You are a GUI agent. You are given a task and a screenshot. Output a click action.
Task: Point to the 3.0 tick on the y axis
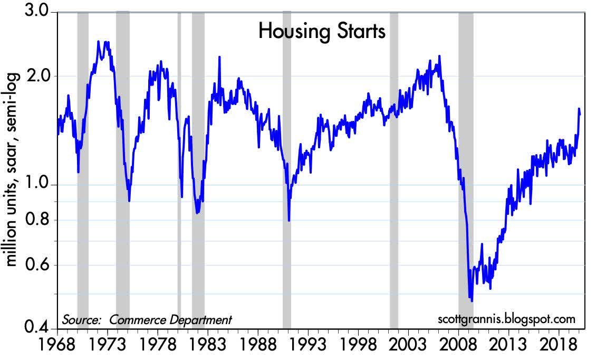click(38, 11)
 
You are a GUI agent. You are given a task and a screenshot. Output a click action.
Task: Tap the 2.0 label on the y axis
click(38, 75)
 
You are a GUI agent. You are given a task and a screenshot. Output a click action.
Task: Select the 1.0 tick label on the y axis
click(38, 185)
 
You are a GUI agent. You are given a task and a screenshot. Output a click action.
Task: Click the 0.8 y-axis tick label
click(38, 220)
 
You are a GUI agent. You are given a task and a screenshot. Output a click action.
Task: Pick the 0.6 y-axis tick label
click(38, 266)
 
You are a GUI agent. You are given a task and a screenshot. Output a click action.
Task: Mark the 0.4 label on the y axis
click(38, 329)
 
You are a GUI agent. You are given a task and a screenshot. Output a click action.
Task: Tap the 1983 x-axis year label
click(207, 346)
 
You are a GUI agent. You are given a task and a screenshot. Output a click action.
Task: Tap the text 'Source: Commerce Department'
click(147, 319)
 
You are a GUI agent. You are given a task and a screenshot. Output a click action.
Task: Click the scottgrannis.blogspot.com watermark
click(506, 319)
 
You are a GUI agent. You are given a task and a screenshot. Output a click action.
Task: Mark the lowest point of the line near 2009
click(471, 301)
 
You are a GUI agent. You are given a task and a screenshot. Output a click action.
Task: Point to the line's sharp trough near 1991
click(289, 220)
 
